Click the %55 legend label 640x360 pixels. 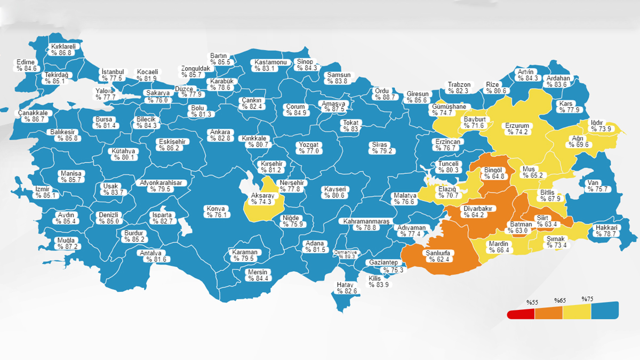(x=532, y=302)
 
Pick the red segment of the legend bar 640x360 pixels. (x=521, y=314)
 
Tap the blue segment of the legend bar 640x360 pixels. (x=604, y=310)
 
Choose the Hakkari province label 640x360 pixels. (x=605, y=227)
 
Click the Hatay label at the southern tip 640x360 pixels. (x=346, y=285)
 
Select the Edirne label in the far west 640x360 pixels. (x=26, y=62)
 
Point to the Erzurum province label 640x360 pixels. (x=517, y=126)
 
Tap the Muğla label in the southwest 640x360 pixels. (x=67, y=240)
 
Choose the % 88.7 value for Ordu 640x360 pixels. (x=384, y=97)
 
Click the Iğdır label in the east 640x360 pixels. (x=596, y=122)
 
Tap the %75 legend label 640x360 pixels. (x=587, y=299)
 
